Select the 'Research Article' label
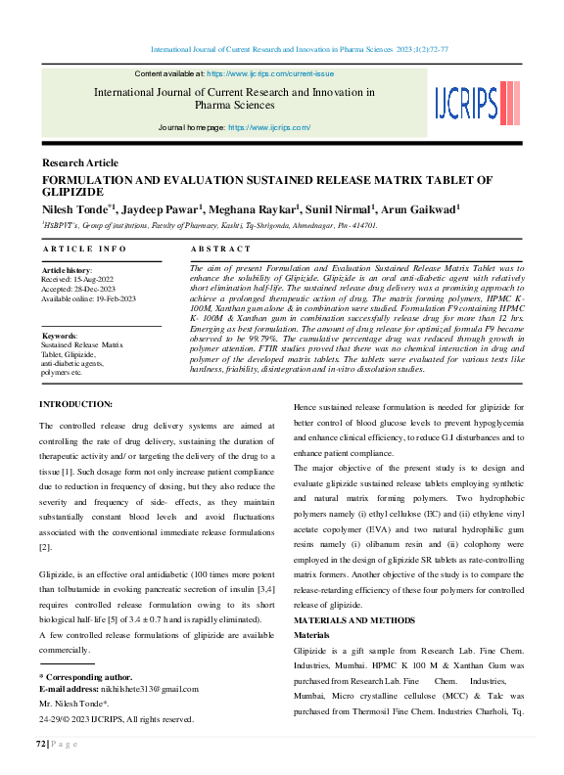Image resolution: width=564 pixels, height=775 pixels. (x=80, y=163)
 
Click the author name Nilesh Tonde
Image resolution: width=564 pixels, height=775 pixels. (x=77, y=208)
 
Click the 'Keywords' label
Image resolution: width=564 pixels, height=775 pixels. (x=60, y=336)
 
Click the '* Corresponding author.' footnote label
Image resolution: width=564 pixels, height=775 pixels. (x=85, y=677)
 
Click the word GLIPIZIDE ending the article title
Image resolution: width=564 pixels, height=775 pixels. (x=74, y=193)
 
